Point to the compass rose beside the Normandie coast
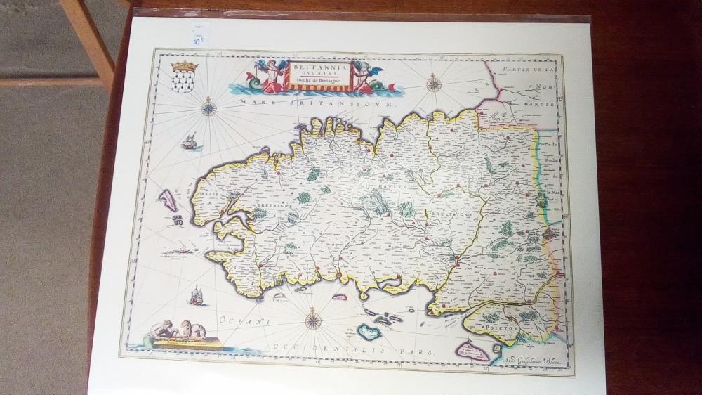tap(434, 85)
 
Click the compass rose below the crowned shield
tap(208, 109)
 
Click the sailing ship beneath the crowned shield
tap(187, 143)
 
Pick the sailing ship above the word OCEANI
tap(198, 295)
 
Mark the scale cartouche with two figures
tap(183, 336)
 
